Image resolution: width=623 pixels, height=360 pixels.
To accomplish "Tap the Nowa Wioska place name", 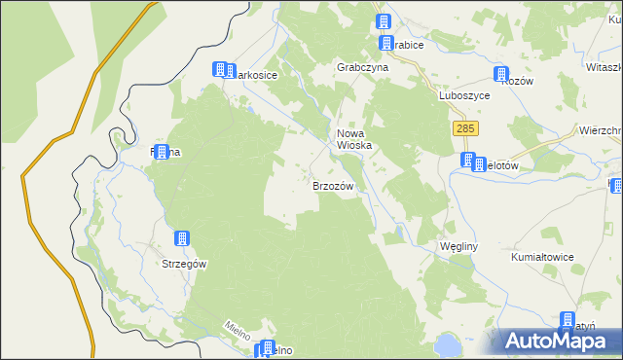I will (355, 139).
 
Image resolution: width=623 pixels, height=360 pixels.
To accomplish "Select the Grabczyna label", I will (362, 68).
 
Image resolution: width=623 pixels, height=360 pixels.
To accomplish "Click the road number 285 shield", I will (464, 127).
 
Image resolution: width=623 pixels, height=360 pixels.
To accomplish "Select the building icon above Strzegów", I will (181, 238).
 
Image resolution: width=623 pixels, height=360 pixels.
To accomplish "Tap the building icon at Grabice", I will (384, 22).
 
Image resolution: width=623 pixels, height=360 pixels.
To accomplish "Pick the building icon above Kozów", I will (501, 74).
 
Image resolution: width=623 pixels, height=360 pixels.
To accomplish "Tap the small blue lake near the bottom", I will (447, 343).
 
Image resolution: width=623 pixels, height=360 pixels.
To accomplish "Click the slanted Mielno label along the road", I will (238, 330).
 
